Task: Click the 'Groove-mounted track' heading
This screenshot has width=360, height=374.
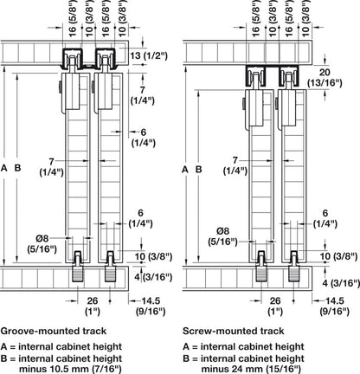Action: pyautogui.click(x=54, y=331)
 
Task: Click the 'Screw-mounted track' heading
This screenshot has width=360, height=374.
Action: pyautogui.click(x=234, y=331)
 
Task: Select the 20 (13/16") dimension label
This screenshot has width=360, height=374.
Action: pyautogui.click(x=325, y=78)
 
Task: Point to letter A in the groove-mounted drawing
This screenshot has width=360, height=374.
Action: pyautogui.click(x=3, y=168)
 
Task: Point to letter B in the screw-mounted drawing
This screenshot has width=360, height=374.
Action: pyautogui.click(x=199, y=170)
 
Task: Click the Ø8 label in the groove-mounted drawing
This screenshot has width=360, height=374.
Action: pyautogui.click(x=42, y=238)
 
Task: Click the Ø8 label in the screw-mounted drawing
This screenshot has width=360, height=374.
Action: pyautogui.click(x=223, y=231)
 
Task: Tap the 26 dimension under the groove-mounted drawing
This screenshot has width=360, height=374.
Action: pyautogui.click(x=93, y=300)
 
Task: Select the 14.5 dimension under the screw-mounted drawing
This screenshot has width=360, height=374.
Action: pyautogui.click(x=334, y=300)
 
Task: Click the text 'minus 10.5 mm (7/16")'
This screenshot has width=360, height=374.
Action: pyautogui.click(x=70, y=369)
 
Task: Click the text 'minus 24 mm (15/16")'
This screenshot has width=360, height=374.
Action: pyautogui.click(x=251, y=369)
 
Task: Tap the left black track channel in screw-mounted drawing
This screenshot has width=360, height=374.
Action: pyautogui.click(x=255, y=76)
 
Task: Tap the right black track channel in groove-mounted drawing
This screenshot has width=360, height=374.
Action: pyautogui.click(x=106, y=59)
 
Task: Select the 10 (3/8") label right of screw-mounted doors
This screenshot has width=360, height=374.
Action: pyautogui.click(x=339, y=256)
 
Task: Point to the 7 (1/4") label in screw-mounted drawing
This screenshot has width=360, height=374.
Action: pyautogui.click(x=235, y=165)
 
